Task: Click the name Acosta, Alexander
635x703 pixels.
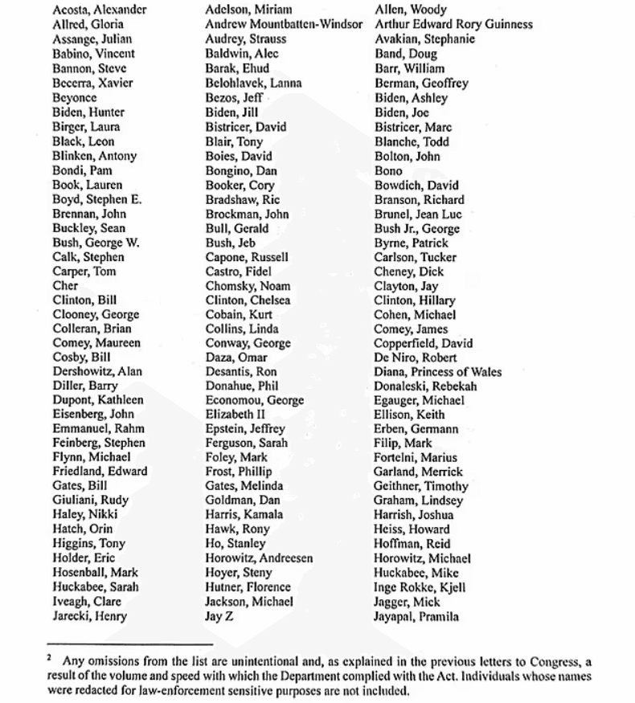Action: pyautogui.click(x=100, y=10)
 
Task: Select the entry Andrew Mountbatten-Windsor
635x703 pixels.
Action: pyautogui.click(x=284, y=25)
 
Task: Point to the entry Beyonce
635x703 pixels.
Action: pyautogui.click(x=75, y=98)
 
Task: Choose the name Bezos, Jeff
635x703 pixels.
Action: pyautogui.click(x=235, y=98)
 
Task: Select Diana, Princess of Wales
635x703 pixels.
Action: pyautogui.click(x=438, y=372)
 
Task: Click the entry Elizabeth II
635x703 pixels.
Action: pyautogui.click(x=236, y=415)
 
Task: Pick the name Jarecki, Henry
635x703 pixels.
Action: pyautogui.click(x=90, y=617)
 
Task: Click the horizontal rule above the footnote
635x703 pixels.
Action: pyautogui.click(x=129, y=644)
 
